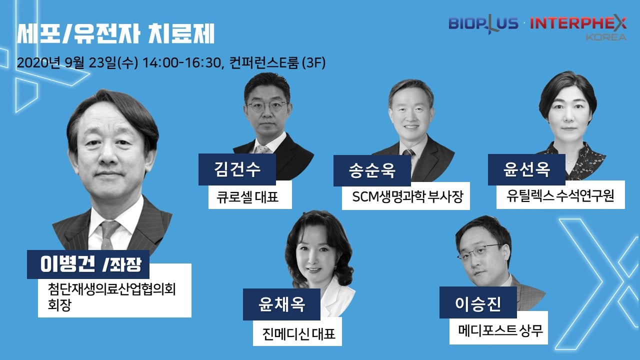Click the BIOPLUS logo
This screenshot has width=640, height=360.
coord(483,24)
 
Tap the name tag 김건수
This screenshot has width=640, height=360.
coord(237,169)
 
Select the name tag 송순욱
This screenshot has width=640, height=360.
coord(372,170)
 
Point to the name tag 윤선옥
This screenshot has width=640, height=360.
coord(526,169)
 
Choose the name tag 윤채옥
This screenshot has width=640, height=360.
coord(281,304)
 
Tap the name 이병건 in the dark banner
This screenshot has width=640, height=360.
coord(67,264)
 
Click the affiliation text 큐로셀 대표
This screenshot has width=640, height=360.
coord(247,196)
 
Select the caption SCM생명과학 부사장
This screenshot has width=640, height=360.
coord(407,196)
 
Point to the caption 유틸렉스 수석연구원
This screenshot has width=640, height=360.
coord(560,196)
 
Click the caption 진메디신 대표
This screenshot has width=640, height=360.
coord(298,333)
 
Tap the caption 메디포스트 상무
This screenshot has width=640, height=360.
coord(500,330)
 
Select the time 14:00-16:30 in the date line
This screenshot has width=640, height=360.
coord(181,63)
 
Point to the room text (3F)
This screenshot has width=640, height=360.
coord(313,63)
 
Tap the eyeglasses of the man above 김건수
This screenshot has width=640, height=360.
coord(266,107)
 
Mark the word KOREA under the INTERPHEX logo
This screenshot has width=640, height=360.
coord(606,37)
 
